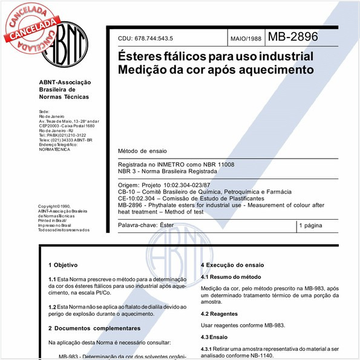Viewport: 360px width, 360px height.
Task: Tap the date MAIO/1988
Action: pos(246,39)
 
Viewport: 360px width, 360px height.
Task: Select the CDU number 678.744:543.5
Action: pos(158,39)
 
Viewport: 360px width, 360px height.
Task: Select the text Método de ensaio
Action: pos(142,150)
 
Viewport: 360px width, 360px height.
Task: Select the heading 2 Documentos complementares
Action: pos(94,328)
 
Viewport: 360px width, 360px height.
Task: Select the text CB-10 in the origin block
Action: pos(126,191)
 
